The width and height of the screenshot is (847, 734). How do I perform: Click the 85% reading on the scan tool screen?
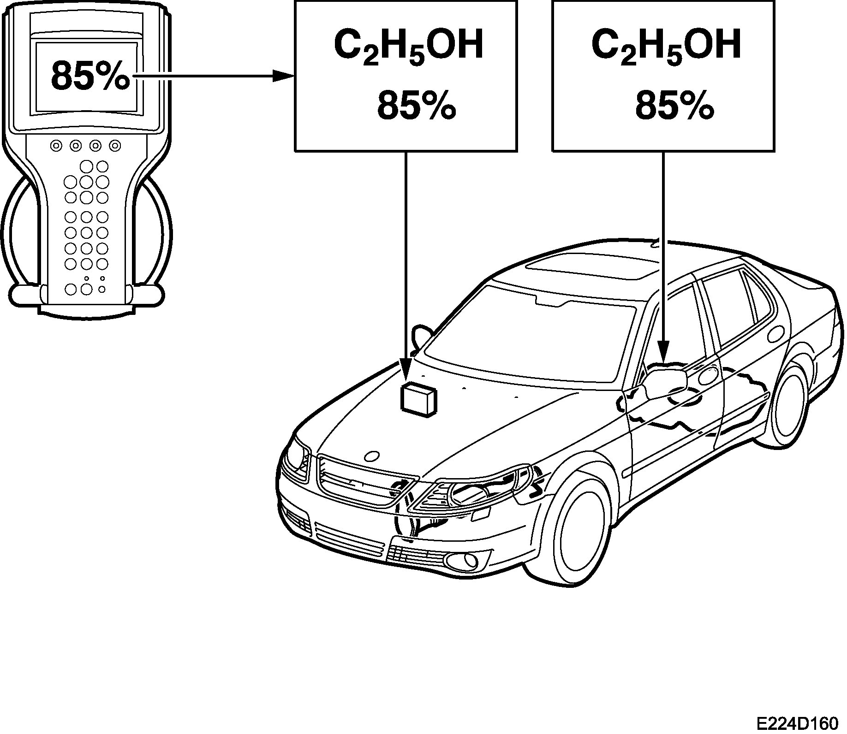(90, 77)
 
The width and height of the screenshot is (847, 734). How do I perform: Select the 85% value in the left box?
(417, 106)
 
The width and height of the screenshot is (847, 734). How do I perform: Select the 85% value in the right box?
(674, 106)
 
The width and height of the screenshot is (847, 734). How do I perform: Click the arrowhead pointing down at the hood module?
(406, 371)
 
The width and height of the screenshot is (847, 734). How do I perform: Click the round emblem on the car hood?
(372, 456)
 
